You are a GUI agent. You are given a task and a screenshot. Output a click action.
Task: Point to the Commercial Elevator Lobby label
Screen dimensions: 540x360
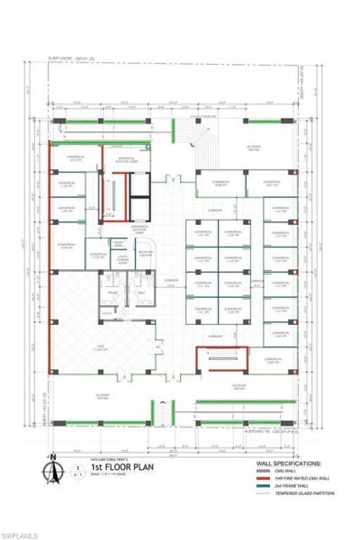pos(139,229)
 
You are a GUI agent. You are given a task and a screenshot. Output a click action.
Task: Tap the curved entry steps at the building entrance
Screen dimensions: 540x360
pos(196,144)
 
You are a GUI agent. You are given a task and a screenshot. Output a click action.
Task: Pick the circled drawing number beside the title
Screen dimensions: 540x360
pos(80,468)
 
